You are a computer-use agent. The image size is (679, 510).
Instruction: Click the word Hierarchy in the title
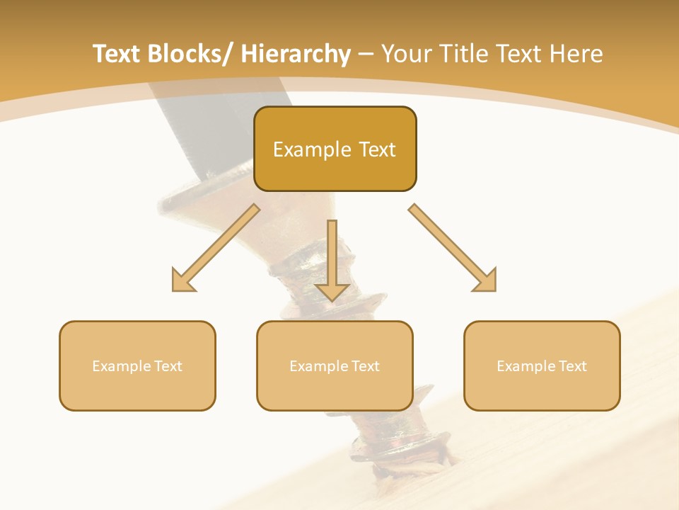[x=295, y=54]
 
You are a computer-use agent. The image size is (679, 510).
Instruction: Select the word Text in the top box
[x=376, y=149]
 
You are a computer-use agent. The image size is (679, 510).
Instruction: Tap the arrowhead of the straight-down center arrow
[x=332, y=292]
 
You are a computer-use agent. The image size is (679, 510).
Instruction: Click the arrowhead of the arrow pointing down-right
[x=486, y=281]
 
